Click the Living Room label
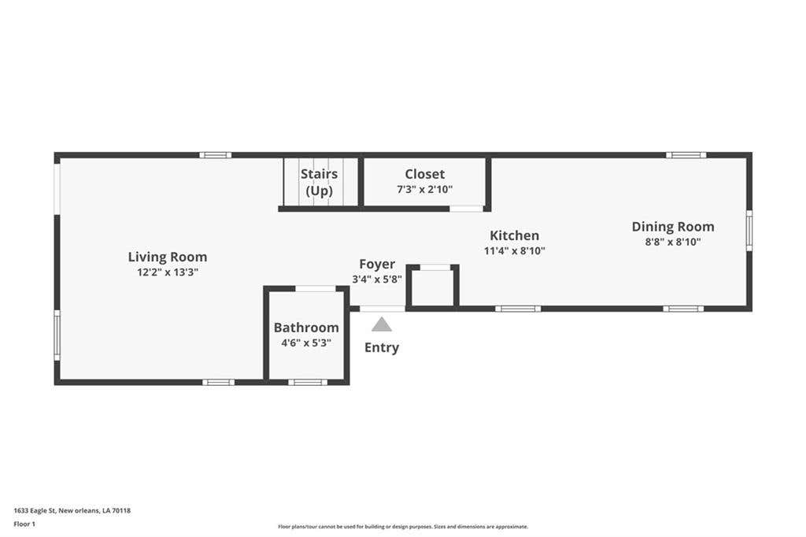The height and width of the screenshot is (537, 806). [x=168, y=257]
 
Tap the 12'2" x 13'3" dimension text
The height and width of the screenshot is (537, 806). [x=168, y=272]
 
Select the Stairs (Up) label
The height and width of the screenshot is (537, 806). [x=320, y=183]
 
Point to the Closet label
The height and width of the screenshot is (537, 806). [x=424, y=174]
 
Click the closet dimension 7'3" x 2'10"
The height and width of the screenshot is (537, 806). [x=424, y=189]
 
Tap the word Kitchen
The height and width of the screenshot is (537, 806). [x=515, y=235]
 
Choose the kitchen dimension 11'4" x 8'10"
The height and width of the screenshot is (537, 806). [x=515, y=251]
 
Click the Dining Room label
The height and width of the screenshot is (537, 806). [x=673, y=227]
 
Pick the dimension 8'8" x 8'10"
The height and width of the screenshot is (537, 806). [x=673, y=242]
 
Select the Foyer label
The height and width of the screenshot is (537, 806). [x=377, y=265]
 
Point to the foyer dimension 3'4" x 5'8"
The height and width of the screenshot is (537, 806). [x=377, y=280]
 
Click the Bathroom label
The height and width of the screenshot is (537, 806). [x=306, y=328]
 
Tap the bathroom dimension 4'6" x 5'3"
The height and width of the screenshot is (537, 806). [x=306, y=343]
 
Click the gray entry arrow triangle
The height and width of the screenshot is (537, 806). [x=382, y=325]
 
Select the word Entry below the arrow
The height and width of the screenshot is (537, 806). [x=382, y=348]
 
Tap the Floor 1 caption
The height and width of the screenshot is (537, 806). [x=24, y=524]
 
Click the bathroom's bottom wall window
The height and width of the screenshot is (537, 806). [x=308, y=382]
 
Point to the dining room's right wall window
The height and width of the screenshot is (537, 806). [x=749, y=231]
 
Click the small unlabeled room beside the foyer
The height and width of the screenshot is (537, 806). [x=433, y=287]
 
